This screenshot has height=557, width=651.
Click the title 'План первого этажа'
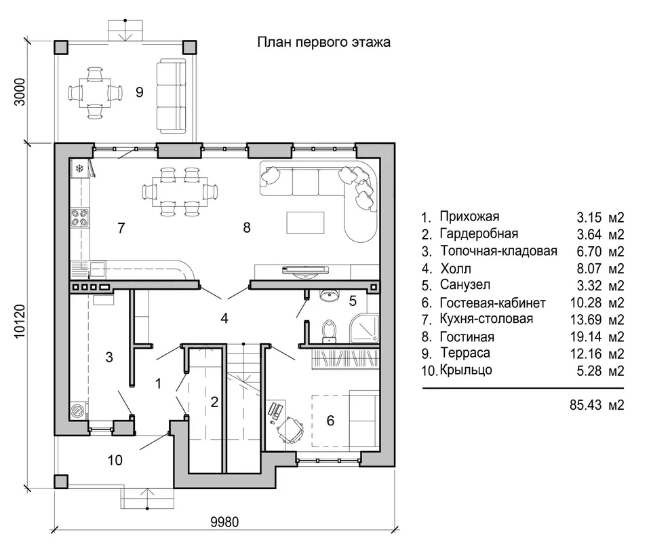324,42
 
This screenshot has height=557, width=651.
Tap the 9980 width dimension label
224,522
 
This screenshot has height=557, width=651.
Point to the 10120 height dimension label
20,321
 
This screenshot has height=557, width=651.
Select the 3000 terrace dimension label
20,92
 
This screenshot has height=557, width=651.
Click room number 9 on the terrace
140,92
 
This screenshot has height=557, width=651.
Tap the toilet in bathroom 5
329,331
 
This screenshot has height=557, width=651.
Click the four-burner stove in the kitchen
80,218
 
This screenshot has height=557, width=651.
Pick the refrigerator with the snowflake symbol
80,168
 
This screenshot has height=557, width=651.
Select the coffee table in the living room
305,223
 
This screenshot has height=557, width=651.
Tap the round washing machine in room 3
77,410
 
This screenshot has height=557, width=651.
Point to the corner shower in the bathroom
365,328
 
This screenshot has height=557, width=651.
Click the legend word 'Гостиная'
467,337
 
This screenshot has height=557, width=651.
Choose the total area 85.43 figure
585,404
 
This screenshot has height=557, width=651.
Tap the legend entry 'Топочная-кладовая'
498,251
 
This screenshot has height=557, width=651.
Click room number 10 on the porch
115,460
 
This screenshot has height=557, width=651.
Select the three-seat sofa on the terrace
171,96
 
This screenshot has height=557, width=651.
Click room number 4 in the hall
224,318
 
